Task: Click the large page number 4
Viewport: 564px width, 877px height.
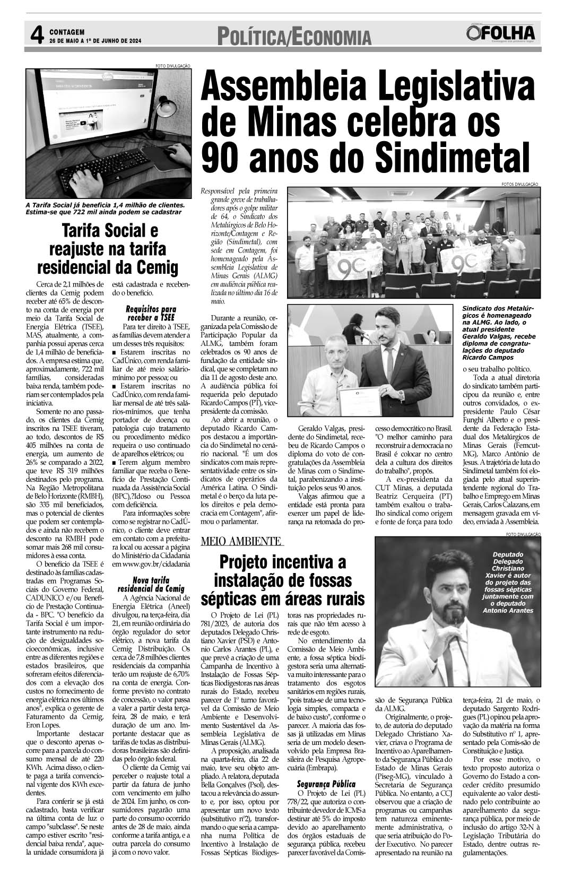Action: [x=36, y=36]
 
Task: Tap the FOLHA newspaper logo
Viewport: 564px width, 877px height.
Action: [x=501, y=34]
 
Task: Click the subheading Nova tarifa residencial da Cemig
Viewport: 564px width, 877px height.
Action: [x=151, y=584]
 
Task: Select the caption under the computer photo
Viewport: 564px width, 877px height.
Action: [x=105, y=208]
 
